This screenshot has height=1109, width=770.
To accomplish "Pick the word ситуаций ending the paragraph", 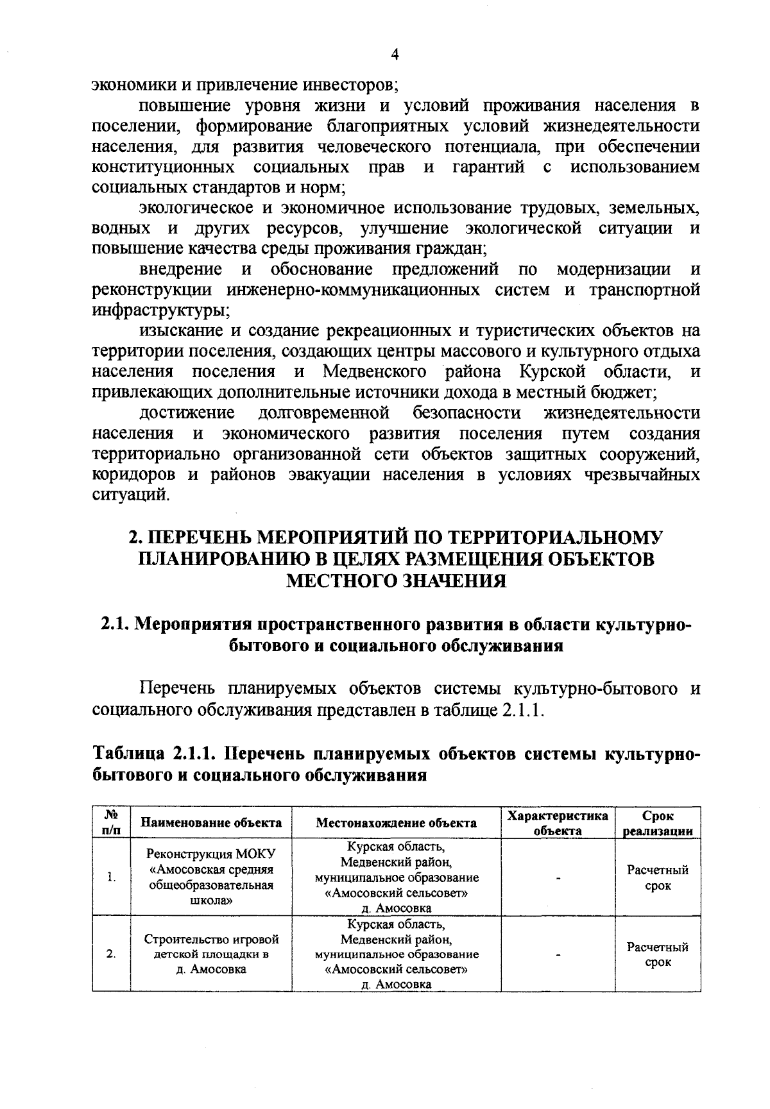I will click(x=131, y=495).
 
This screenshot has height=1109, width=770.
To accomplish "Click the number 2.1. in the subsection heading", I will click(x=116, y=624).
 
